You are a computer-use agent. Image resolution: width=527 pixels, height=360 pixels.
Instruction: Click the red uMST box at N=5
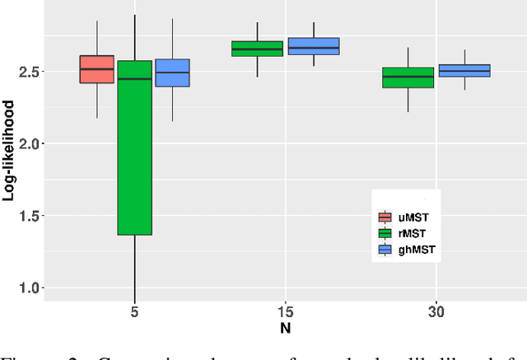(96, 69)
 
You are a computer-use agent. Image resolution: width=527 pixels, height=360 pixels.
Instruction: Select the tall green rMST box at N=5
(134, 148)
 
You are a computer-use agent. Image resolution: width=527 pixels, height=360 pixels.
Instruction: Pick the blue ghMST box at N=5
(172, 72)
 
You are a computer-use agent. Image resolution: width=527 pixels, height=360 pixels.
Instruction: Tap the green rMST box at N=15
(257, 49)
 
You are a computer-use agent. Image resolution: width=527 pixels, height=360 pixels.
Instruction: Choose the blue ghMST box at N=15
(313, 46)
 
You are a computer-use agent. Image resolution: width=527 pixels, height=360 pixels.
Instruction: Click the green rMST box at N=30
(408, 77)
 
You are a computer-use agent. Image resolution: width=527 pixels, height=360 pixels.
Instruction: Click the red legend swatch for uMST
(385, 217)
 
